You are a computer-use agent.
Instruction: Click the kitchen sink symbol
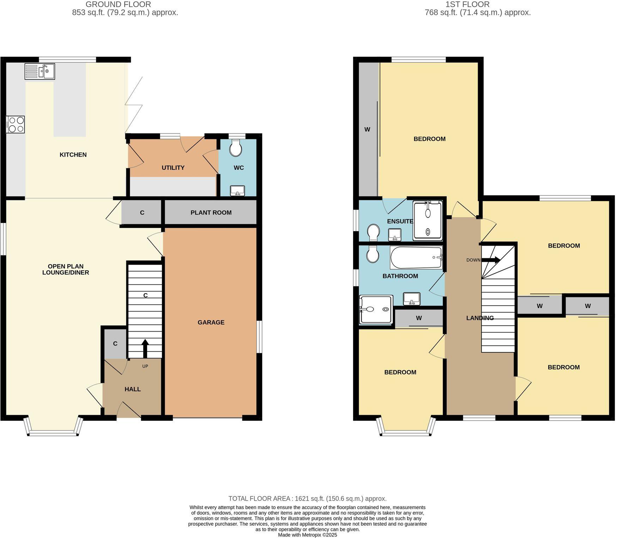[40, 71]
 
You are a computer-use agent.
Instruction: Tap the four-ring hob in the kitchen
[16, 125]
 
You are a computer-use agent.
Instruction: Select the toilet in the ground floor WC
[235, 148]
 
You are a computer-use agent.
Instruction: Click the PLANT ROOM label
[211, 212]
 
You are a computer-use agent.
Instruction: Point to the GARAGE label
[211, 322]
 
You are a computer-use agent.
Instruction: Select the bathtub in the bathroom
[416, 258]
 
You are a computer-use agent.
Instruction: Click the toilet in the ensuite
[373, 232]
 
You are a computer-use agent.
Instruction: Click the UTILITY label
[173, 168]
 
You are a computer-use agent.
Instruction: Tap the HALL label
[132, 389]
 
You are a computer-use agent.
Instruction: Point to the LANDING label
[480, 318]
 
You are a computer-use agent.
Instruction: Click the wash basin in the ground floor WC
[237, 191]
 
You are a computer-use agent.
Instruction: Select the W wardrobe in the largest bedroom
[367, 129]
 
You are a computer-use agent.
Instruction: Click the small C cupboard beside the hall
[115, 344]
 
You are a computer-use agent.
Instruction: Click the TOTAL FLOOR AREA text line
[307, 498]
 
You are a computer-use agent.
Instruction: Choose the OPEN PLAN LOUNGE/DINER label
[66, 269]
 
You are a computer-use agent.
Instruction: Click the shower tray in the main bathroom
[376, 309]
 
